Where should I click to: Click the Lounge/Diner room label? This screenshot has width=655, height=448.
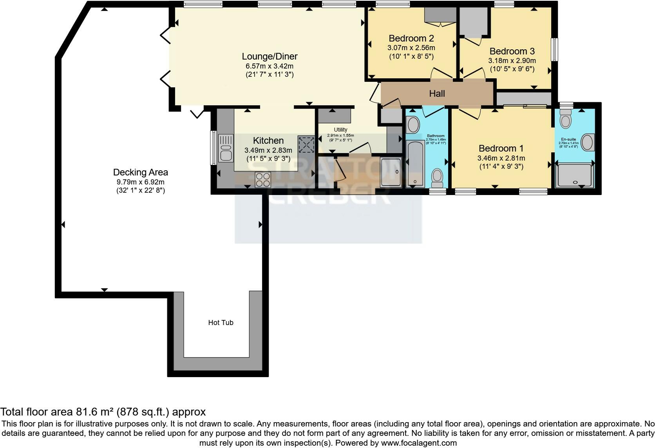click(x=270, y=56)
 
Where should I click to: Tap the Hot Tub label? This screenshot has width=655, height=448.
click(x=221, y=323)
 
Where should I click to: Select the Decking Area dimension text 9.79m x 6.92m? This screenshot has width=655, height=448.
click(x=140, y=182)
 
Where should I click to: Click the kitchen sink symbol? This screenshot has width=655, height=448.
click(x=226, y=148)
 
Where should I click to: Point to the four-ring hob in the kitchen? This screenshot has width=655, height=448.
click(x=262, y=180)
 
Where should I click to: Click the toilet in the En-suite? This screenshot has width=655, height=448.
click(x=565, y=118)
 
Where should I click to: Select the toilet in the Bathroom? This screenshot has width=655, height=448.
click(x=437, y=178)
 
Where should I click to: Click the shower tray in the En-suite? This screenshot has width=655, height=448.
click(x=574, y=175)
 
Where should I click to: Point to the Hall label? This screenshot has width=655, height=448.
click(x=437, y=94)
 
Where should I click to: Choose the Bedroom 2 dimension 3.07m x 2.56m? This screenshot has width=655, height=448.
click(x=411, y=48)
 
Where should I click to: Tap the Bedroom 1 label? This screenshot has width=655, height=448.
click(x=501, y=148)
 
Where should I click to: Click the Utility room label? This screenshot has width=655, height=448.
click(x=340, y=130)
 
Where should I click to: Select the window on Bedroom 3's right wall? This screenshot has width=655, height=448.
click(x=554, y=49)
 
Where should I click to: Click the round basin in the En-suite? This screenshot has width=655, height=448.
click(x=587, y=142)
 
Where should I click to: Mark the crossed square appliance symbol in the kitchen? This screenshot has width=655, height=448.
click(x=306, y=145)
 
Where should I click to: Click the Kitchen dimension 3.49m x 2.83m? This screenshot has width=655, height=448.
click(x=268, y=150)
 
